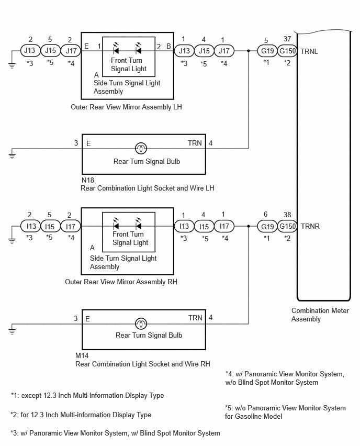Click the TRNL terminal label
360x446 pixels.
pyautogui.click(x=309, y=51)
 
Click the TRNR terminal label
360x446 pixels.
pyautogui.click(x=310, y=227)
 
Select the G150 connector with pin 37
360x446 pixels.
pyautogui.click(x=287, y=51)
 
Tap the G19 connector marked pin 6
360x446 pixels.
pyautogui.click(x=267, y=227)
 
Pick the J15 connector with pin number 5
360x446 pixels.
pyautogui.click(x=50, y=51)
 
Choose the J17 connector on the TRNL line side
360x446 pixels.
pyautogui.click(x=224, y=51)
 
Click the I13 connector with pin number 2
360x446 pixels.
pyautogui.click(x=31, y=227)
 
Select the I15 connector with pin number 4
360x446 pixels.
pyautogui.click(x=204, y=227)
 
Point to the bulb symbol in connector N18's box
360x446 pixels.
pyautogui.click(x=141, y=148)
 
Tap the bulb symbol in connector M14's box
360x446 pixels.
pyautogui.click(x=141, y=324)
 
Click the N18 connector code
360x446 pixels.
pyautogui.click(x=88, y=180)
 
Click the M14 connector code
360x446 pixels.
pyautogui.click(x=82, y=355)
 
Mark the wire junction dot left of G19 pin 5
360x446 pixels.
pyautogui.click(x=249, y=51)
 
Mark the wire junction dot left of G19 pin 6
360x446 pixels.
pyautogui.click(x=249, y=227)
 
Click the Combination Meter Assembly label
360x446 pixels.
pyautogui.click(x=320, y=315)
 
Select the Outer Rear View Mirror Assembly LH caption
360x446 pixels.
pyautogui.click(x=126, y=107)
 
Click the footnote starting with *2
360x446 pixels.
pyautogui.click(x=81, y=415)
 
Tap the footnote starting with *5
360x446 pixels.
pyautogui.click(x=285, y=412)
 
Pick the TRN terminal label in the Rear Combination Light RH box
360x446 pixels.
pyautogui.click(x=195, y=318)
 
